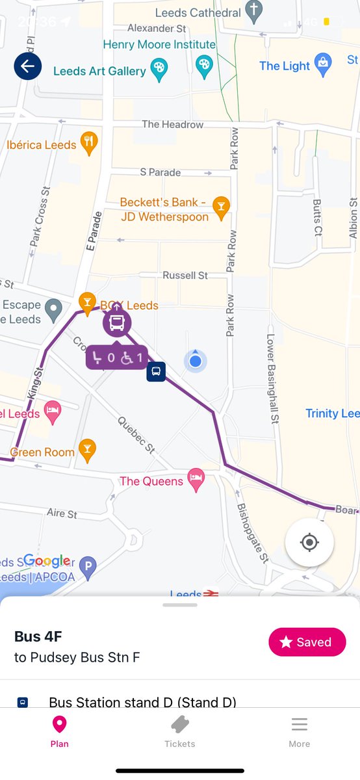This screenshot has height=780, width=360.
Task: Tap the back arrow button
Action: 28,66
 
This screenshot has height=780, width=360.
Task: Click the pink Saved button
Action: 307,642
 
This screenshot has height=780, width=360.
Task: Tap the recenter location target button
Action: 309,543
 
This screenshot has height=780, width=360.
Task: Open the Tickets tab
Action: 180,731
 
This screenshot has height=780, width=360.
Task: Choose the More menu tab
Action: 299,731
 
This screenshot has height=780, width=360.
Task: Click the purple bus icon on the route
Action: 117,322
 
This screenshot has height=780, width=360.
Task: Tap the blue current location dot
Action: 195,361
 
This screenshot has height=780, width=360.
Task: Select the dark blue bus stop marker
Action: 155,372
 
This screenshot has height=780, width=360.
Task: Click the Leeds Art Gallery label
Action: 99,71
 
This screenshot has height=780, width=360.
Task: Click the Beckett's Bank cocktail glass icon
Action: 222,207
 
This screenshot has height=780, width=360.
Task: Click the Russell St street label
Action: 185,276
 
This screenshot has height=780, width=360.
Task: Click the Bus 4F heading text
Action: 38,636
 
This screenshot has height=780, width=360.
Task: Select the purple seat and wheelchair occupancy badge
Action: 117,357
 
